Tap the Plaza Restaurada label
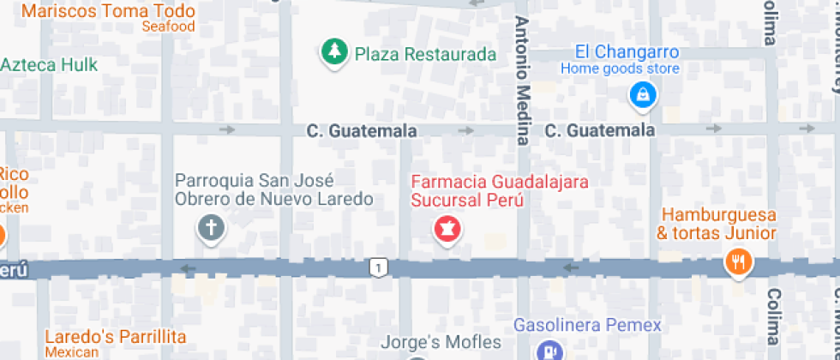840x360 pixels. click(x=425, y=55)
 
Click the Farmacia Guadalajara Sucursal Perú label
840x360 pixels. click(x=467, y=191)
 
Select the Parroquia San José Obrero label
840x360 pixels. click(x=273, y=190)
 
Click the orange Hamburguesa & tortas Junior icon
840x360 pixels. click(x=737, y=261)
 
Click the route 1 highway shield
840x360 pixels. click(x=377, y=268)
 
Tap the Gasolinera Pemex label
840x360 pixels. click(x=587, y=326)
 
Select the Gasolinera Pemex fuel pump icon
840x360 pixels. click(x=547, y=351)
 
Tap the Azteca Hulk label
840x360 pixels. click(x=49, y=65)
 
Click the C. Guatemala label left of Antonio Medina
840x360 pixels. click(x=362, y=131)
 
